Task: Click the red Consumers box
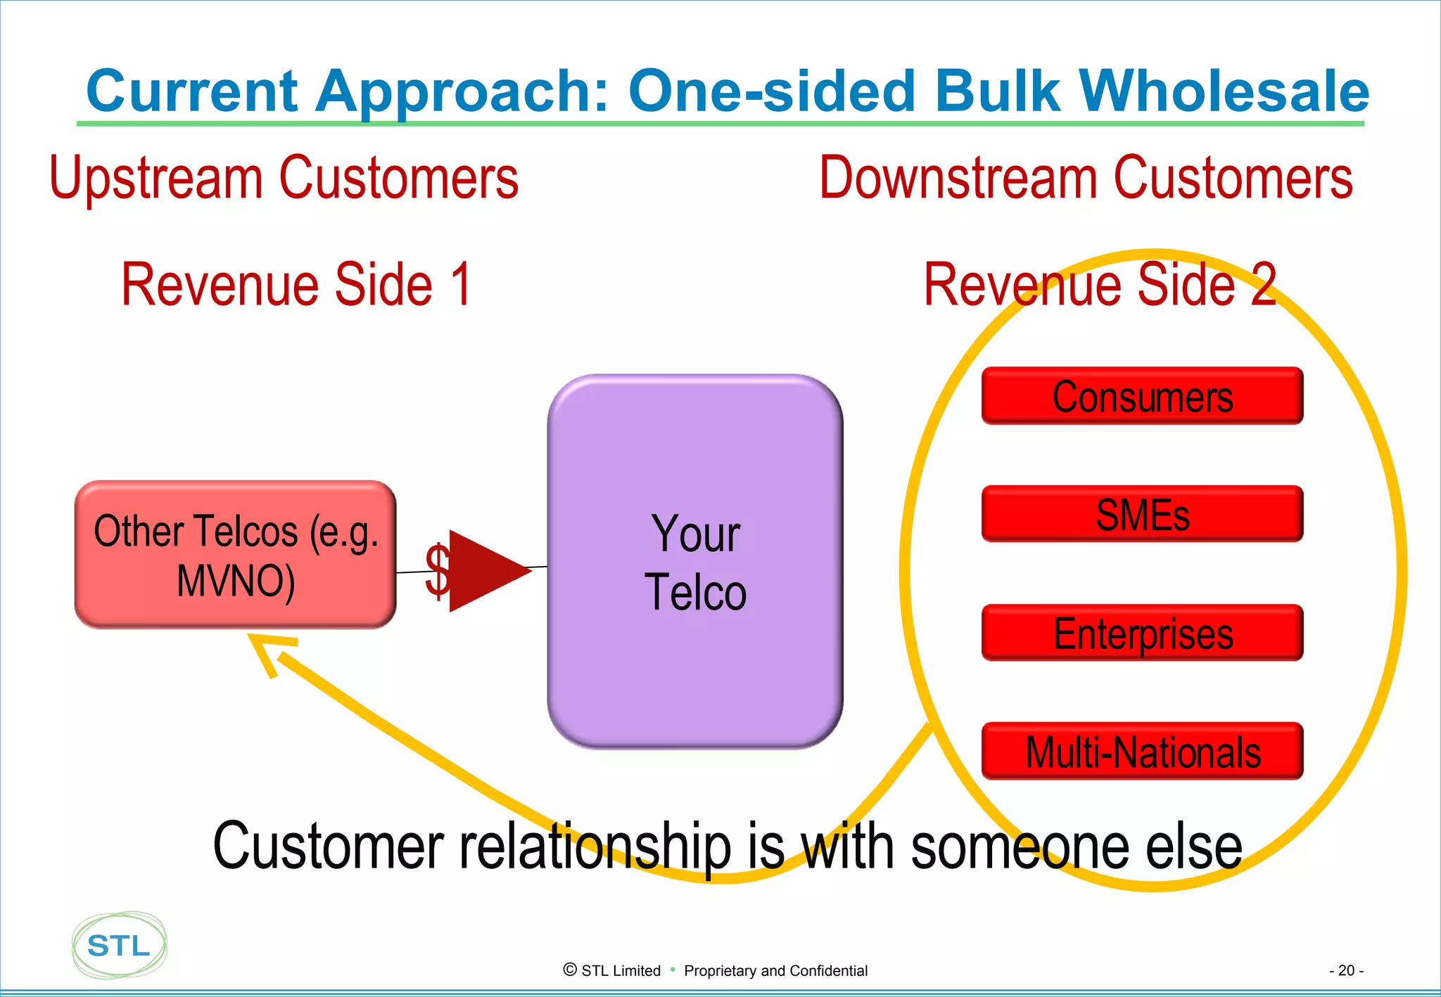click(1142, 396)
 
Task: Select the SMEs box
click(1142, 514)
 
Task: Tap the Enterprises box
click(1142, 633)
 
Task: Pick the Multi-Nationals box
click(1142, 751)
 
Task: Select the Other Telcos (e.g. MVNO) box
click(236, 555)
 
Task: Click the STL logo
click(119, 945)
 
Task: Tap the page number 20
click(1346, 970)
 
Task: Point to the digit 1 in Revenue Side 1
click(461, 284)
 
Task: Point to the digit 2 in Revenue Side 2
click(1263, 284)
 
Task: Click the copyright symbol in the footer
click(570, 970)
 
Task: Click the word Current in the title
click(192, 91)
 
